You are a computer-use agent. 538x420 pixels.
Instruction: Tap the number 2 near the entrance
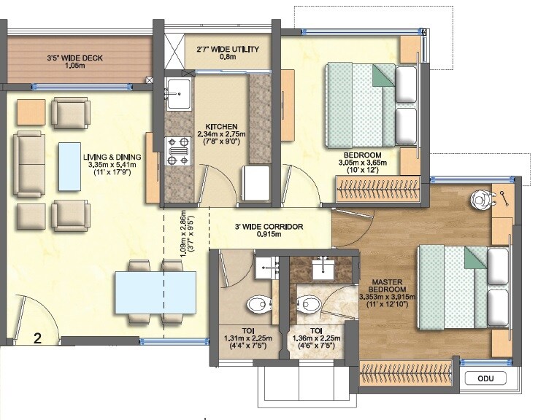(x=36, y=336)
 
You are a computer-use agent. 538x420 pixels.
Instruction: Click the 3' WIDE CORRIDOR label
(x=269, y=227)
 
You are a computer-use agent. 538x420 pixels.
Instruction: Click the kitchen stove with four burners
(x=177, y=151)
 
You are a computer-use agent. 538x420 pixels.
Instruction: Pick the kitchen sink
(x=177, y=93)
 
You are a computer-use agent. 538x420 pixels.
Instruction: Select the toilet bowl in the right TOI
(x=310, y=303)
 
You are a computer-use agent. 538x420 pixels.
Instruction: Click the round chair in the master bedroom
(x=480, y=198)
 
